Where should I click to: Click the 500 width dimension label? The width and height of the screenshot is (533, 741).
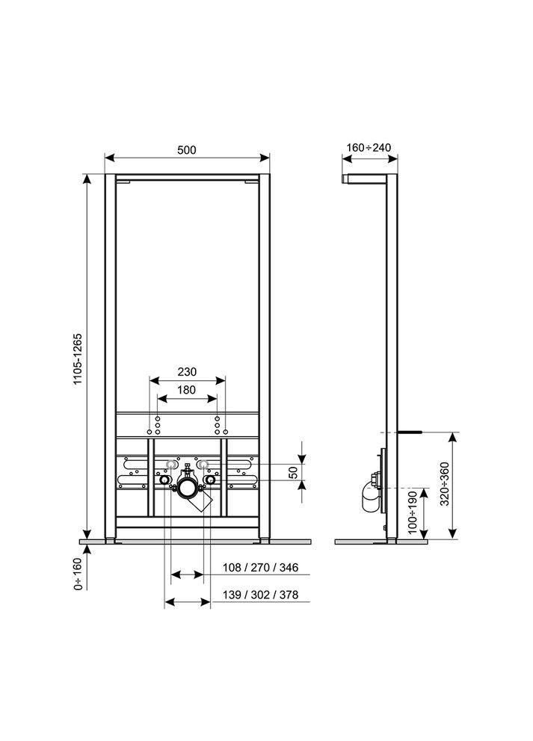(186, 149)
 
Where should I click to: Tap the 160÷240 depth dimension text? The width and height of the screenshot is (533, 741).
(370, 148)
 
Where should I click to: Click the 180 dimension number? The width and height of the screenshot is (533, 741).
(186, 389)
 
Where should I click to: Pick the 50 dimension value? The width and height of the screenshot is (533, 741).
(294, 472)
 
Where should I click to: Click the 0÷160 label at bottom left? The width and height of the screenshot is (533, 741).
(78, 574)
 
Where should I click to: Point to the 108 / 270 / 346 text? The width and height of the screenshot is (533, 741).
(260, 568)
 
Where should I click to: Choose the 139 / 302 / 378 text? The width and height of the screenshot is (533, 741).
(260, 595)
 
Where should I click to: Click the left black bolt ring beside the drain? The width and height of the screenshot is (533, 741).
(164, 480)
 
